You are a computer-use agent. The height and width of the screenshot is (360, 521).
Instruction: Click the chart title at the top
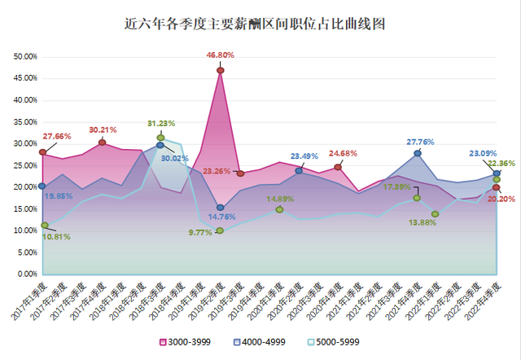click(260, 24)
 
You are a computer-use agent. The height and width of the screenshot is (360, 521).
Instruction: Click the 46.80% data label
click(221, 55)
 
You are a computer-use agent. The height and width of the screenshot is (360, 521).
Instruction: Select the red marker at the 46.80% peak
click(221, 70)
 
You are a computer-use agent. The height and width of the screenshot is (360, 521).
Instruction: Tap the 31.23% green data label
click(162, 124)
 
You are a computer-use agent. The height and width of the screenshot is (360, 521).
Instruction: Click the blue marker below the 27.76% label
click(418, 153)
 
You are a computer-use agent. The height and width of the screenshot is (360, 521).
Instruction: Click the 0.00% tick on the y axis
click(28, 274)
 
